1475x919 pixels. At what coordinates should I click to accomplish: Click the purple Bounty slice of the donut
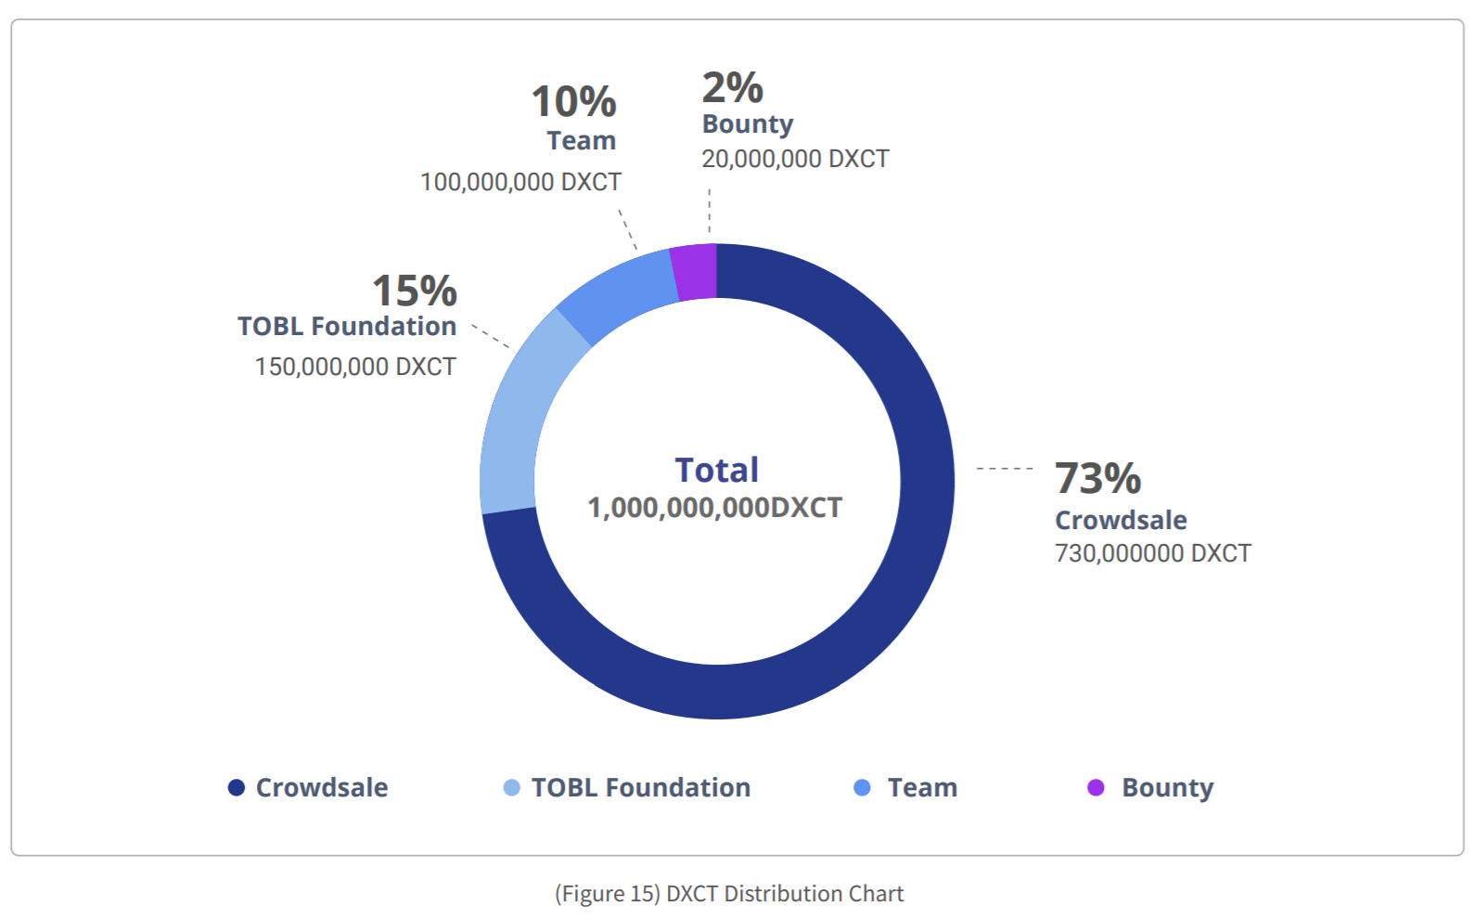(x=696, y=272)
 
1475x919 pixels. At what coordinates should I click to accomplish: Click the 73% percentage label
(x=1097, y=479)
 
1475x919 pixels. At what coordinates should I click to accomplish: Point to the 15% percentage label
(x=415, y=291)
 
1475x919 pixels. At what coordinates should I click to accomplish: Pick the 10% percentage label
(x=573, y=102)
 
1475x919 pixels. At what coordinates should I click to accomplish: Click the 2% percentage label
(x=732, y=88)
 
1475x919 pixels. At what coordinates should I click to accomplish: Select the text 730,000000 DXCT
(x=1152, y=553)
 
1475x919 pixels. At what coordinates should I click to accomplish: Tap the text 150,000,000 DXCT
(x=355, y=367)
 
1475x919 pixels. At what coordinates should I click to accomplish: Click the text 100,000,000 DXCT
(x=520, y=182)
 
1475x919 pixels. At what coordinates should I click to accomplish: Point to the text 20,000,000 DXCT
(x=795, y=159)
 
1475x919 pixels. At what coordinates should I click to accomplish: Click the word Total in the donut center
(x=716, y=471)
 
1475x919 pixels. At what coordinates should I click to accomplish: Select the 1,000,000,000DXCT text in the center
(x=715, y=508)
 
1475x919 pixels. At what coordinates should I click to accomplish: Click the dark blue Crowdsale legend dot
(x=237, y=787)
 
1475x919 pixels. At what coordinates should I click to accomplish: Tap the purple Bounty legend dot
(x=1096, y=787)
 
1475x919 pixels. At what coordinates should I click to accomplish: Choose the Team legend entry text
(x=922, y=787)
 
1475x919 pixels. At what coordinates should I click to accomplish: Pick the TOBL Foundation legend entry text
(x=640, y=787)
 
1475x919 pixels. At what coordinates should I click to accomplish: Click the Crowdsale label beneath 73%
(x=1121, y=520)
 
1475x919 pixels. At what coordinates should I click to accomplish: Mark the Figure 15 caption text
(x=729, y=893)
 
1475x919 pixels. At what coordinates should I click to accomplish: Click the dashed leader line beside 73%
(x=1005, y=469)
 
